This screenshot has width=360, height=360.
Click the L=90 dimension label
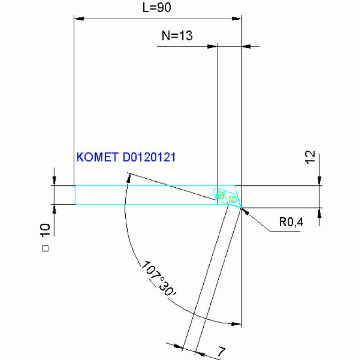click(157, 8)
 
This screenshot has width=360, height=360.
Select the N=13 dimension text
click(177, 36)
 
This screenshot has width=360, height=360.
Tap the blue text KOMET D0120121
click(126, 157)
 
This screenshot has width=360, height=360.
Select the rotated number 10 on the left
click(46, 230)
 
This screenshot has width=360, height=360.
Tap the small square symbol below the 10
click(46, 249)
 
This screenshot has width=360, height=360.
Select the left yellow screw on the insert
click(221, 194)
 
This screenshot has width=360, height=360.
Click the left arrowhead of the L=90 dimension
click(79, 19)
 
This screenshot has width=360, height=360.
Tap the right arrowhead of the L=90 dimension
click(237, 19)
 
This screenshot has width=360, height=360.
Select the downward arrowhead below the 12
click(320, 181)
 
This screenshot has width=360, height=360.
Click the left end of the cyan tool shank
click(75, 194)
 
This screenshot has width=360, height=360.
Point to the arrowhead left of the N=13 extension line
click(212, 46)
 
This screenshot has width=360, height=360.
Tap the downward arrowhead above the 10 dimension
click(55, 181)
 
